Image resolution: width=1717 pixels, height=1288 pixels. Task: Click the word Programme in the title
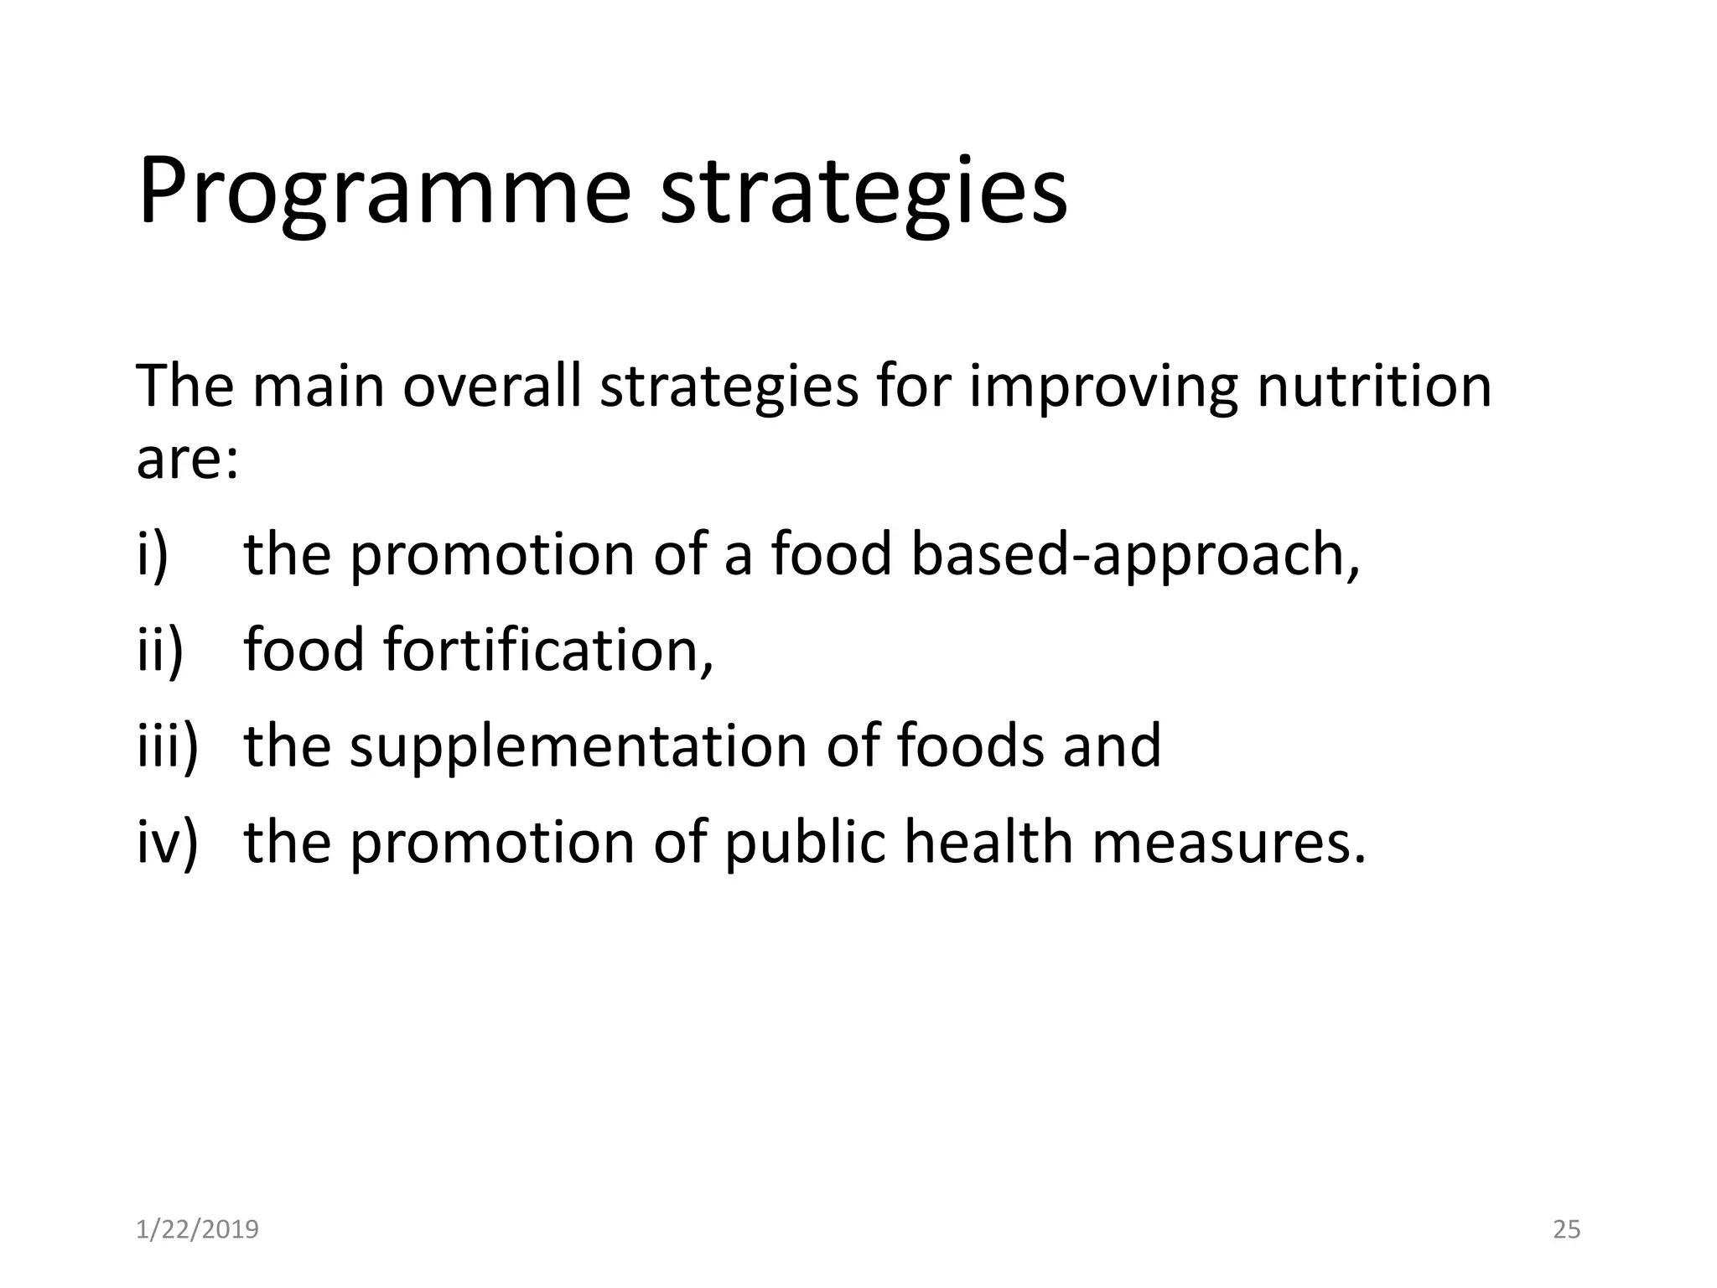tap(384, 193)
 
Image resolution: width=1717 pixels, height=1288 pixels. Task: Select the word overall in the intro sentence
tap(491, 387)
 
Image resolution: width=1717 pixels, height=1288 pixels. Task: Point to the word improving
tap(1102, 387)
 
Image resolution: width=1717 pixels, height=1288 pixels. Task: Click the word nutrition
tap(1374, 387)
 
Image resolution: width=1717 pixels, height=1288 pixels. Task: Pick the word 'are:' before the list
tap(187, 460)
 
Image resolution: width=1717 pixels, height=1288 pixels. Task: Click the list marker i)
tap(153, 555)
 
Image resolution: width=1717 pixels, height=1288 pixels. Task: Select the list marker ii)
tap(159, 651)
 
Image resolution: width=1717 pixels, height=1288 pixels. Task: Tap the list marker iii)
tap(167, 745)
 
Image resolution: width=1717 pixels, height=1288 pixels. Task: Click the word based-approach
tap(1134, 555)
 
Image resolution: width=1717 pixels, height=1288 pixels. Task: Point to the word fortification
tap(548, 651)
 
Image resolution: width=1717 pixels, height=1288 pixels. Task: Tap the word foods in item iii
tap(970, 745)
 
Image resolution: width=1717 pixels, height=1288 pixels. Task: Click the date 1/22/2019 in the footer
tap(197, 1229)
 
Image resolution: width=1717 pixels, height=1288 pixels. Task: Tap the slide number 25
tap(1566, 1229)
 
